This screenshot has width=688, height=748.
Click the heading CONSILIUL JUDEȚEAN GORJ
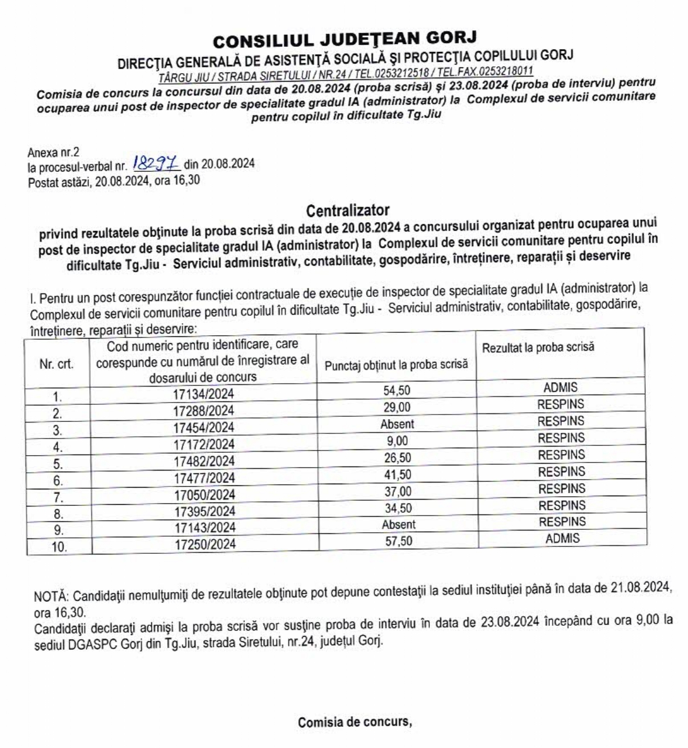click(344, 40)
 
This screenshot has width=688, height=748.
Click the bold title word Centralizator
click(347, 211)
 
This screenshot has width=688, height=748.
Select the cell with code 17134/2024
click(204, 394)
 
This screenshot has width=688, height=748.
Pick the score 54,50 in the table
click(397, 391)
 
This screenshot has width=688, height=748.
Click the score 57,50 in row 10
click(399, 541)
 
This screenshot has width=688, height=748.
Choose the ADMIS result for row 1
click(560, 387)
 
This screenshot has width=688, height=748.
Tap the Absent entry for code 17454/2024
click(397, 424)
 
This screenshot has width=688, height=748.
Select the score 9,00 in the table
click(397, 441)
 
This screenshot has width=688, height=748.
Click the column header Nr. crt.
click(57, 364)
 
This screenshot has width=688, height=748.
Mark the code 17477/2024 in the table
click(204, 477)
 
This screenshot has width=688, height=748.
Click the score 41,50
click(397, 474)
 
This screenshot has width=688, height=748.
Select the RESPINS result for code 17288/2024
click(561, 404)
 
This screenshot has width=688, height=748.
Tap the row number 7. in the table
click(58, 496)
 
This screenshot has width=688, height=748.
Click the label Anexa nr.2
click(54, 152)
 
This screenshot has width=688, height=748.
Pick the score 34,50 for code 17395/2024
click(398, 508)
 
